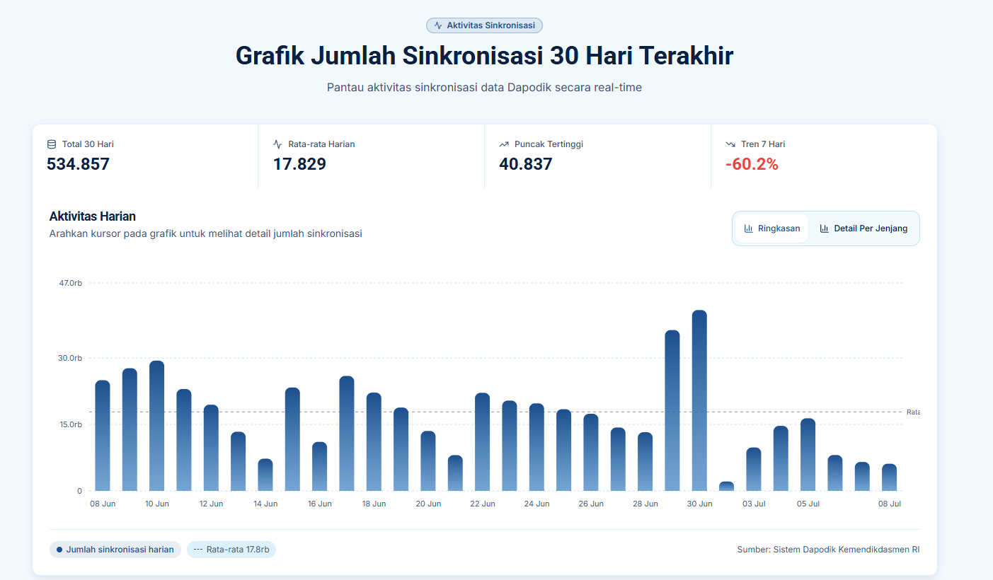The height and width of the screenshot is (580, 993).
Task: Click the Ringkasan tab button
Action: click(771, 228)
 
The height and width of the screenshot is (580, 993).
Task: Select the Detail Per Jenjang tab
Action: click(863, 228)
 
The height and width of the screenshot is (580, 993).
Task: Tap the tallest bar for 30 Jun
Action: click(699, 400)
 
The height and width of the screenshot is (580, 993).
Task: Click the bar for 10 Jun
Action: click(156, 426)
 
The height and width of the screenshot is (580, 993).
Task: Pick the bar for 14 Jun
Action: click(265, 475)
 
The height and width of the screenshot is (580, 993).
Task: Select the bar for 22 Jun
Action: click(482, 442)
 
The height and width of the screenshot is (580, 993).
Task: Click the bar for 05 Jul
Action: click(808, 455)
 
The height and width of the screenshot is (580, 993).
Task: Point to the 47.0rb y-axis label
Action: click(71, 283)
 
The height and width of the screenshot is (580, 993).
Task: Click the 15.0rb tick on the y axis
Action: click(71, 424)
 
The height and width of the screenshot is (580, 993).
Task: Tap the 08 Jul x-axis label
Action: click(889, 504)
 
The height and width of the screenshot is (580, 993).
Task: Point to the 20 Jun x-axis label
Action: click(428, 504)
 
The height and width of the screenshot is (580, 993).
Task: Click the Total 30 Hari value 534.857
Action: click(78, 164)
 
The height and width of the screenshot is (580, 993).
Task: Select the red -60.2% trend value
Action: click(752, 164)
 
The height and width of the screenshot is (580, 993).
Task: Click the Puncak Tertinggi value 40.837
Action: click(526, 164)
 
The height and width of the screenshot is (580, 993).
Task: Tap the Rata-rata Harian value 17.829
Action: click(299, 164)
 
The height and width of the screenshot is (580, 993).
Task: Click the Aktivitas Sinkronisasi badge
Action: click(484, 25)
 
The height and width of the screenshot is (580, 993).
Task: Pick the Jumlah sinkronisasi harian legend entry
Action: click(115, 550)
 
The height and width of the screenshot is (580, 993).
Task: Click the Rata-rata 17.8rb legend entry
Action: click(231, 550)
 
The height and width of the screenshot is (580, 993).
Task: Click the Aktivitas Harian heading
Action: click(92, 216)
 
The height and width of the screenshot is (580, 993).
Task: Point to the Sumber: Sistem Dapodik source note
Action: click(828, 550)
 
